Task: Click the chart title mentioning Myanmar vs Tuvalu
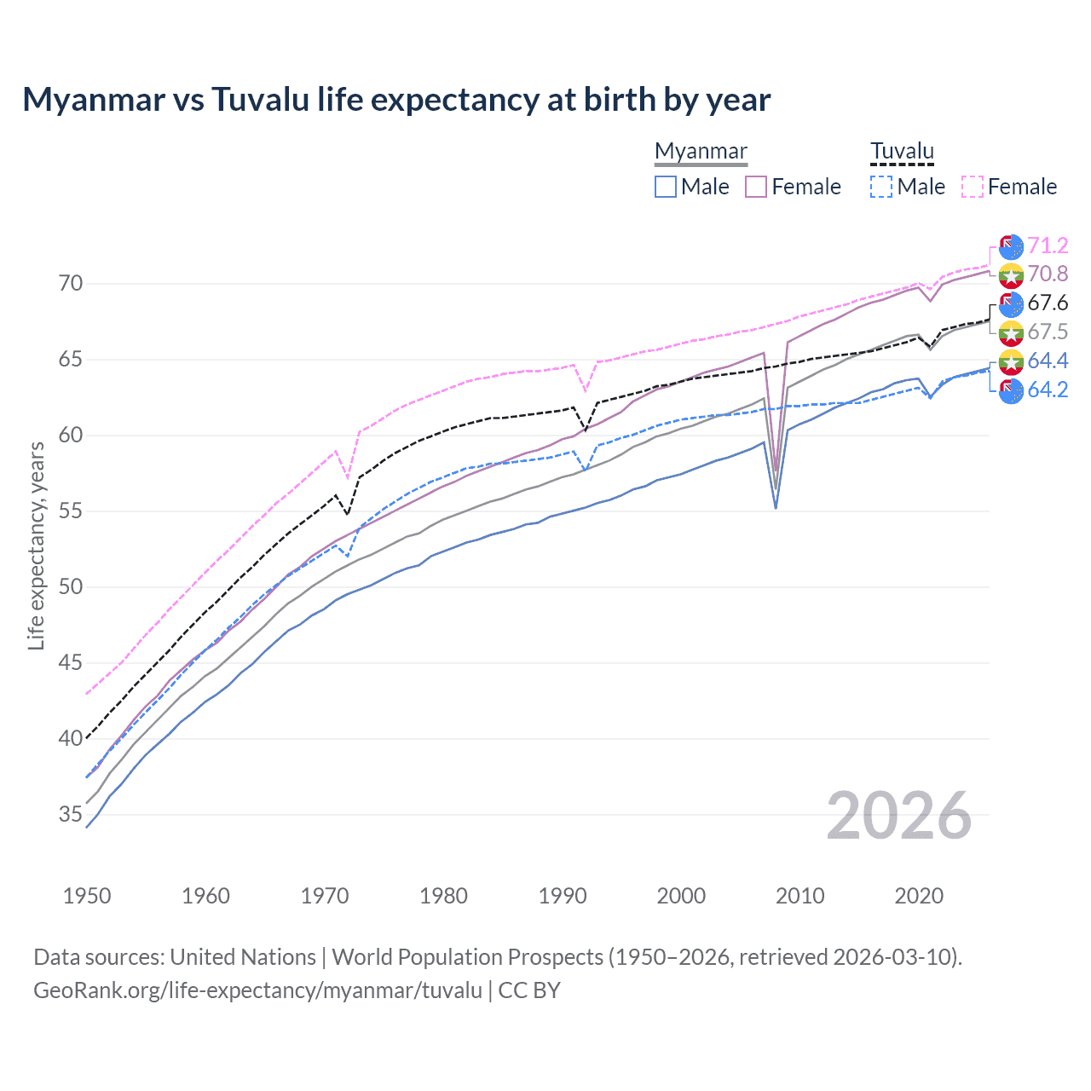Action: click(x=396, y=100)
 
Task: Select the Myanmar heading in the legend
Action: click(x=701, y=151)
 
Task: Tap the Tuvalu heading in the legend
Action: click(x=902, y=151)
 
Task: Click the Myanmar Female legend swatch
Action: click(x=756, y=187)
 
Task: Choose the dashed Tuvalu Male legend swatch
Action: click(x=881, y=187)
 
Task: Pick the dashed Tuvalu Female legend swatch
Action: click(x=973, y=187)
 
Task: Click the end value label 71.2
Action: click(x=1048, y=245)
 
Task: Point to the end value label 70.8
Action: click(x=1048, y=274)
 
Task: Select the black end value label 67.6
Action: click(x=1048, y=303)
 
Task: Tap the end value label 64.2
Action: click(x=1048, y=390)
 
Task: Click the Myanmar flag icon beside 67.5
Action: click(x=1011, y=332)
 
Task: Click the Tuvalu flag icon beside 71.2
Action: click(x=1011, y=246)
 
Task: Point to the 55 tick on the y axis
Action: click(x=71, y=511)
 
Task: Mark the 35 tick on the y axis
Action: click(x=71, y=815)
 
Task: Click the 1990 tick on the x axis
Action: click(x=563, y=896)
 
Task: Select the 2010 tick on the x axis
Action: click(x=799, y=896)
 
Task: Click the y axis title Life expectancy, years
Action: click(x=36, y=545)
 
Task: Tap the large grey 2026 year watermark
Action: click(x=898, y=816)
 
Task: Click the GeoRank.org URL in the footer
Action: click(x=257, y=990)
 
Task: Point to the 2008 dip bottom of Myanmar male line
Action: click(x=776, y=508)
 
